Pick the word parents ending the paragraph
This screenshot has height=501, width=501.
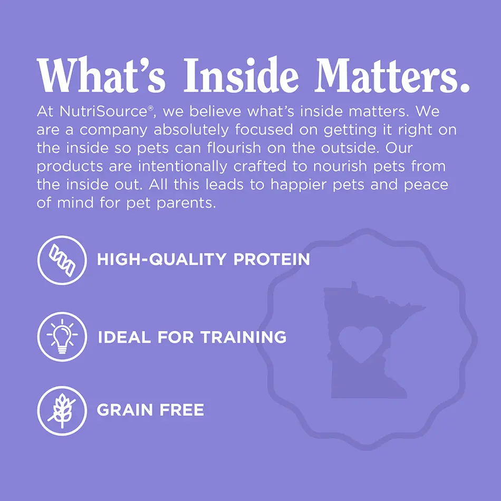pos(187,204)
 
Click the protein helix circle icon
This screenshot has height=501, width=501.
pos(62,260)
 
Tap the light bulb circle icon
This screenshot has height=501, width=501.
pos(62,336)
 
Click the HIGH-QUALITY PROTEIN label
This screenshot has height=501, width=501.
pos(203,260)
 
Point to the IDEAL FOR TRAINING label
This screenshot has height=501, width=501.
pos(192,336)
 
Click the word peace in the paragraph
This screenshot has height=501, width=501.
pos(426,185)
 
